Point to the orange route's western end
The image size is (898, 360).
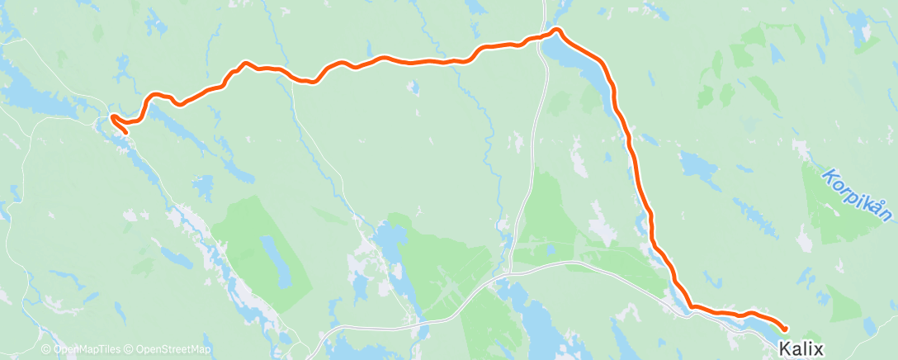(x=125, y=132)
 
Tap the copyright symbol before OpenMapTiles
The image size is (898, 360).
(x=48, y=350)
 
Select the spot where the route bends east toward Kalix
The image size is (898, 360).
(x=692, y=307)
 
